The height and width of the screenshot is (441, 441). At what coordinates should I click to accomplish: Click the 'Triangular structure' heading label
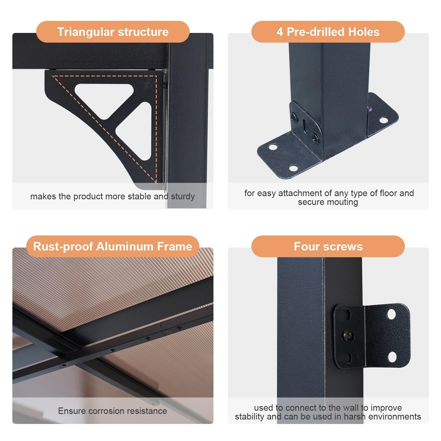[113, 32]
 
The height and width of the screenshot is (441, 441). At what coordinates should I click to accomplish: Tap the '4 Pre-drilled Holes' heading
[328, 32]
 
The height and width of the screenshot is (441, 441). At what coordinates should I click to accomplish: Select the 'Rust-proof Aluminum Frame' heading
[113, 246]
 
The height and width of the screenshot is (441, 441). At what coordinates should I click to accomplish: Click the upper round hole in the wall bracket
[391, 314]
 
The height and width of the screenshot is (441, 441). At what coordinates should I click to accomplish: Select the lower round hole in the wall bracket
[392, 357]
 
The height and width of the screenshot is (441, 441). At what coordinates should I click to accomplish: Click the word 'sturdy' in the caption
[183, 196]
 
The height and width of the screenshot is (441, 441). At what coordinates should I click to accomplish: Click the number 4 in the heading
[280, 32]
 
